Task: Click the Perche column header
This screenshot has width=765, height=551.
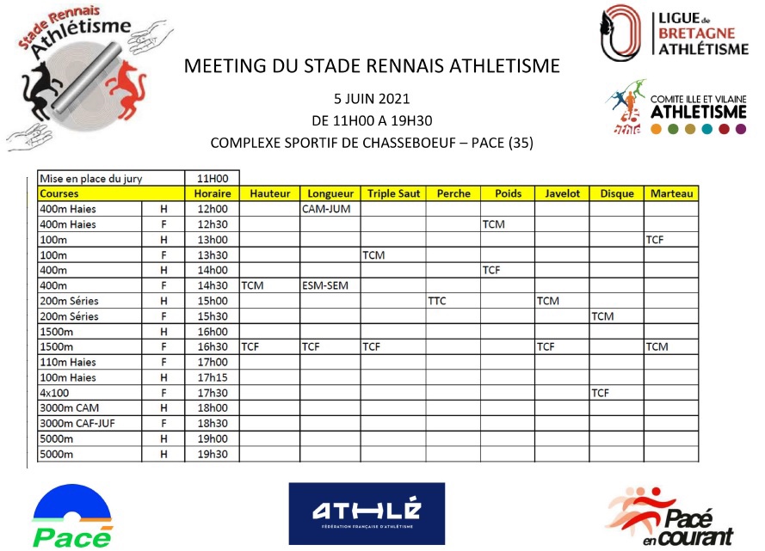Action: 453,194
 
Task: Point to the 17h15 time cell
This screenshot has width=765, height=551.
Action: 212,377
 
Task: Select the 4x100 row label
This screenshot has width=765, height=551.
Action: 54,393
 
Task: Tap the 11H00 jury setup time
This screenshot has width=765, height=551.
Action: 212,179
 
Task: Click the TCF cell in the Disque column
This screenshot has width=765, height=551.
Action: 602,393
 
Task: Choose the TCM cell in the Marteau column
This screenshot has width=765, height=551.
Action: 658,346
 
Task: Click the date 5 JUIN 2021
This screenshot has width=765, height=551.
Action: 372,98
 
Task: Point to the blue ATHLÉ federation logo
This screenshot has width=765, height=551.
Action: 367,513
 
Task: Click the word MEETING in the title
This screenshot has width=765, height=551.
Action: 221,65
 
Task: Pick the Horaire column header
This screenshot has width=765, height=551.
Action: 212,194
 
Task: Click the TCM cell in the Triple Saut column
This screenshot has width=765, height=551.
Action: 373,255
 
